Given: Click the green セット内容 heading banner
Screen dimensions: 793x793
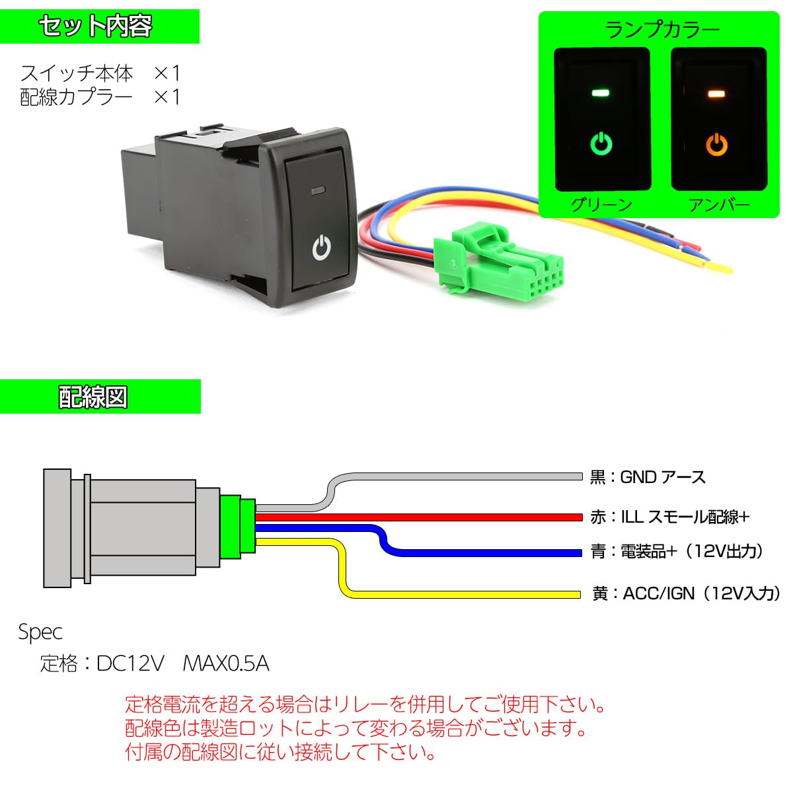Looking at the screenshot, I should (x=99, y=26).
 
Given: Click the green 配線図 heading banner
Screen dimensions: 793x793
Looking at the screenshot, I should (x=99, y=397).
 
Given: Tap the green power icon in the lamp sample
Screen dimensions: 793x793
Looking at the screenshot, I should (x=601, y=143).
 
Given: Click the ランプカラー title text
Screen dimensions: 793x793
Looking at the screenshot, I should (x=661, y=30).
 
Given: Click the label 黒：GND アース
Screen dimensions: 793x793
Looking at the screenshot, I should (x=648, y=476).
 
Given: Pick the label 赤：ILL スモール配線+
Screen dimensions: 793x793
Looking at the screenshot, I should (x=669, y=517).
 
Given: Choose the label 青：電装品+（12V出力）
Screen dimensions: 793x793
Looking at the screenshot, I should (x=677, y=551).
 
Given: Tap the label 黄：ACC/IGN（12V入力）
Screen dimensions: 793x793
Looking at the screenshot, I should (x=686, y=593).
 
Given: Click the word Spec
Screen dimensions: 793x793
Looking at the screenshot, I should (x=40, y=632).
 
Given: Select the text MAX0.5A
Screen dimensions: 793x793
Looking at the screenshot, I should (x=225, y=663).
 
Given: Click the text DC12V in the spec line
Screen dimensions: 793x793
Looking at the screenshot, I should (x=130, y=663).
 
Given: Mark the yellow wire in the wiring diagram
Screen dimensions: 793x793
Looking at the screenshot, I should (x=463, y=593).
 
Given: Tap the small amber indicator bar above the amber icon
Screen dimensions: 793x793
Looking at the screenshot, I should (x=717, y=94).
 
